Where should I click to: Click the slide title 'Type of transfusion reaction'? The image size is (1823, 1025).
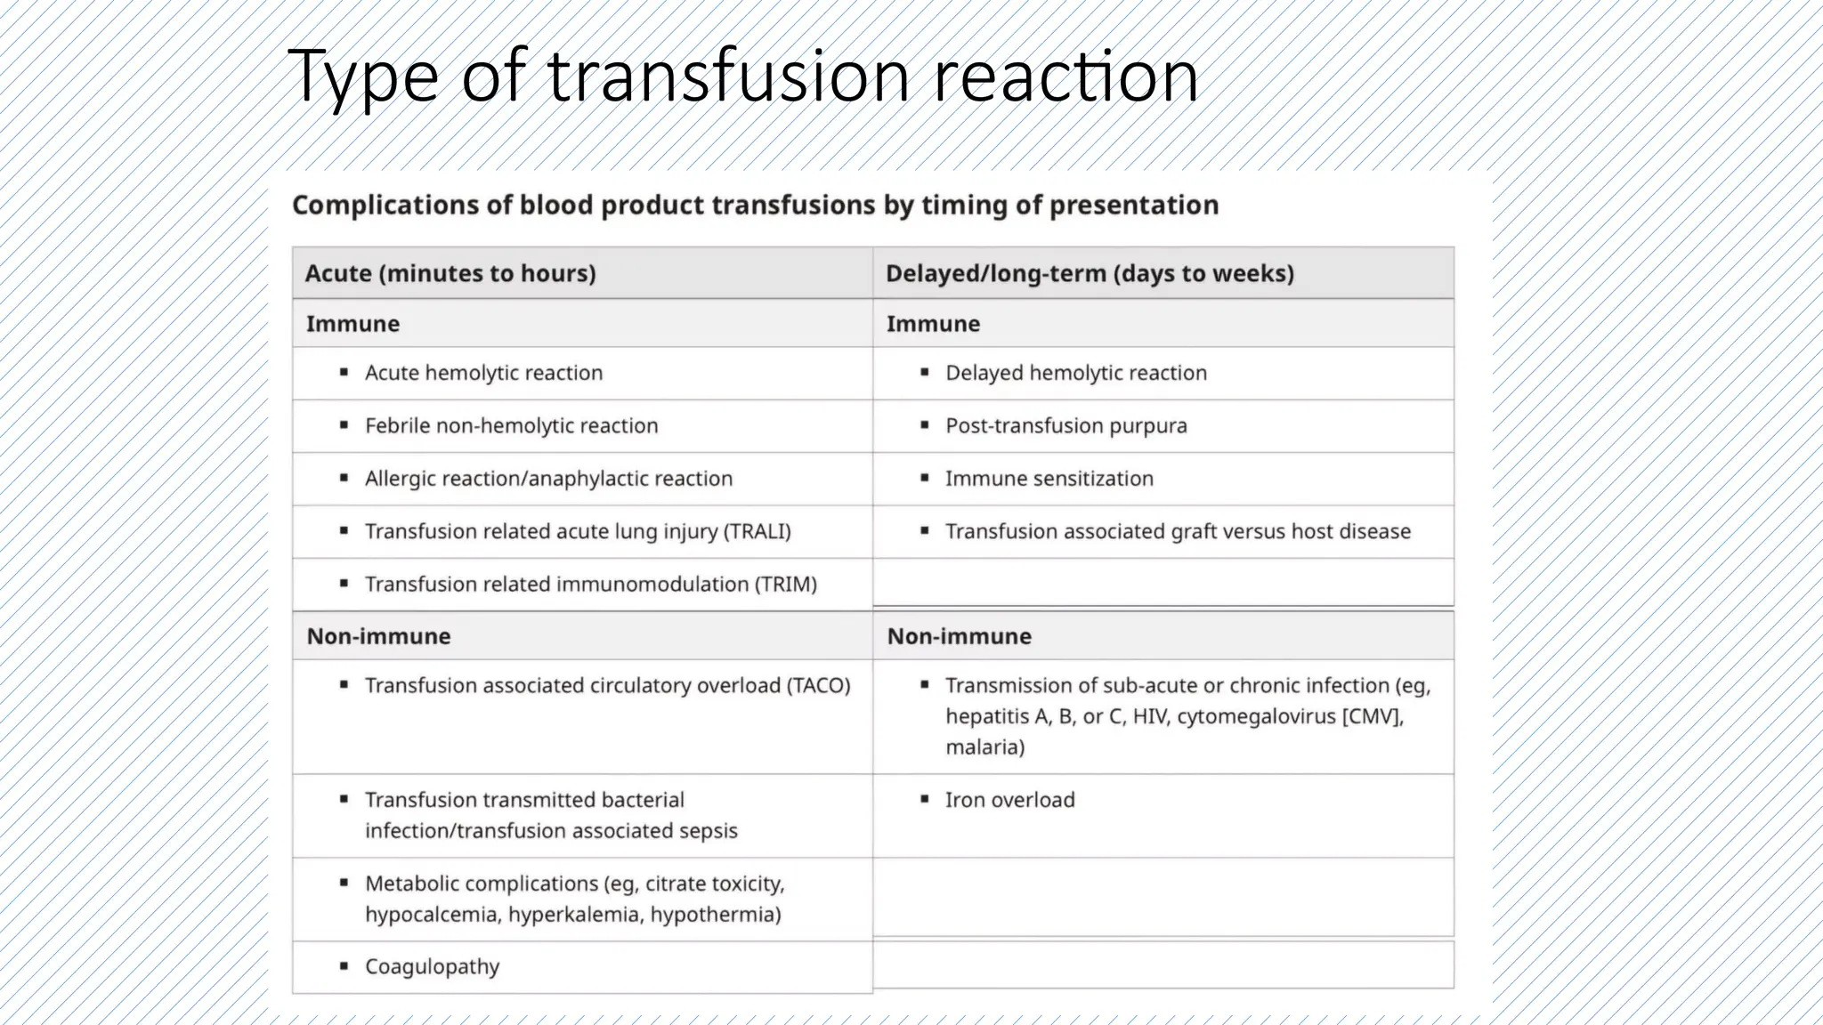742,77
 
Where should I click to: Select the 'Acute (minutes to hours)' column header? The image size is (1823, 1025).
450,273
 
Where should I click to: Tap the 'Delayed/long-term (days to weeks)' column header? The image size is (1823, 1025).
1090,273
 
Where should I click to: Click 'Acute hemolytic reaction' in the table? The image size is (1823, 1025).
483,373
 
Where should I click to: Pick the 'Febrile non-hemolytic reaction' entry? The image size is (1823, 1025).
511,425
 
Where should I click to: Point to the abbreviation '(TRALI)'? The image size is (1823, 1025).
757,531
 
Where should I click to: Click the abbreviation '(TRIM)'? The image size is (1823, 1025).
786,585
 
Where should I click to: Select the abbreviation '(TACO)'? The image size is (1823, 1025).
818,685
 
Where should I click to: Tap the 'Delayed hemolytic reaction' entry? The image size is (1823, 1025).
1075,373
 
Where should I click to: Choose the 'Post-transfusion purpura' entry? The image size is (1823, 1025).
1065,425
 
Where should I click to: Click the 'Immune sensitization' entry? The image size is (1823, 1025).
1049,479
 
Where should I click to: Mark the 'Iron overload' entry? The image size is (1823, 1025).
1009,800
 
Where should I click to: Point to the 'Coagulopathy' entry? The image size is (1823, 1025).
432,966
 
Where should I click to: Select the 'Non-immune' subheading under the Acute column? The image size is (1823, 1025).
378,636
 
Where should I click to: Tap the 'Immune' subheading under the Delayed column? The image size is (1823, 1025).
933,324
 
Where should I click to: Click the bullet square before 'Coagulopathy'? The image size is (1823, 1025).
344,966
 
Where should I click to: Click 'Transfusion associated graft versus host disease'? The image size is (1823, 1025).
1178,531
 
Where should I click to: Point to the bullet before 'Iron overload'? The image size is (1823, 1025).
925,799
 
